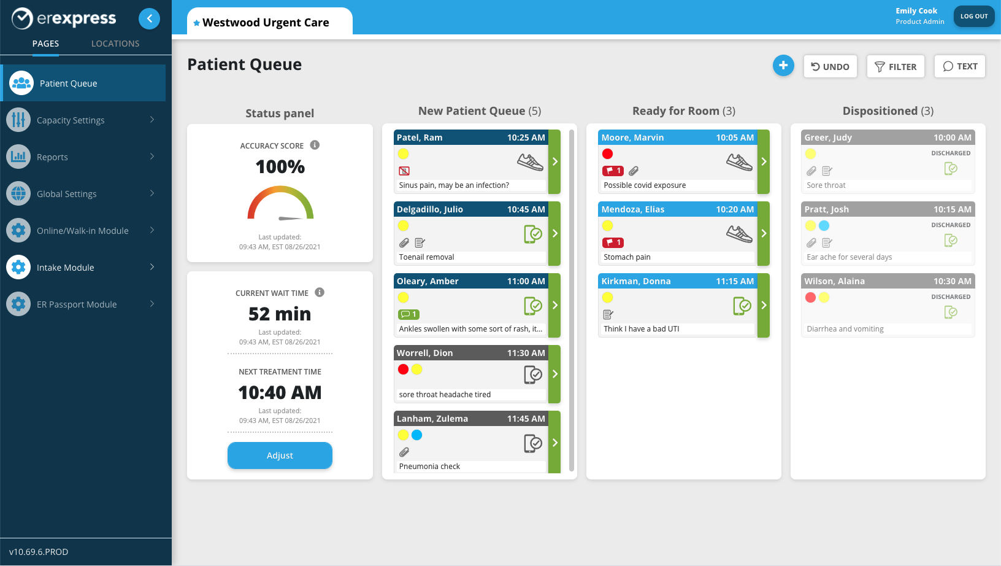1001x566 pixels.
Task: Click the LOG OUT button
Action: [973, 17]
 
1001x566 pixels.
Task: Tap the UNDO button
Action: [830, 66]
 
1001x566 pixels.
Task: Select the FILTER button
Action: [896, 66]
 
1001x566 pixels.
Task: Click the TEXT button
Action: [959, 66]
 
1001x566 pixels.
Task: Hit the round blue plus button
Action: [783, 66]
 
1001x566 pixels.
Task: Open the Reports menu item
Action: [52, 157]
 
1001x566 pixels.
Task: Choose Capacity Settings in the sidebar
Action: [71, 120]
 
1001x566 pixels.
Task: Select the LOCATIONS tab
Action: [115, 44]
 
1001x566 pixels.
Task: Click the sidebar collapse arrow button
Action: [149, 18]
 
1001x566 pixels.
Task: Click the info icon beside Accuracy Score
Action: [315, 145]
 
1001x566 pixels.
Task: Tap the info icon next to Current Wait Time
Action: [320, 293]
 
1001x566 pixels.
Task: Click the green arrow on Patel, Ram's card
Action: [554, 161]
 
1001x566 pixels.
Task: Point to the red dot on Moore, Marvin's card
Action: [607, 154]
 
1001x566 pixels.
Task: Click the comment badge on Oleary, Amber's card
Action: [408, 314]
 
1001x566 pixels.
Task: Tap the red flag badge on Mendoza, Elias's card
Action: [613, 242]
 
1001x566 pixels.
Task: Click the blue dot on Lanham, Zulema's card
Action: [417, 435]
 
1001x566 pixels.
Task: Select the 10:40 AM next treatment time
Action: [280, 392]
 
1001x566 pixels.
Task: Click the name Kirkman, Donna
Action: [636, 281]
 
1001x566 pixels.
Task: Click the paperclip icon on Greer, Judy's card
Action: [811, 171]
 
